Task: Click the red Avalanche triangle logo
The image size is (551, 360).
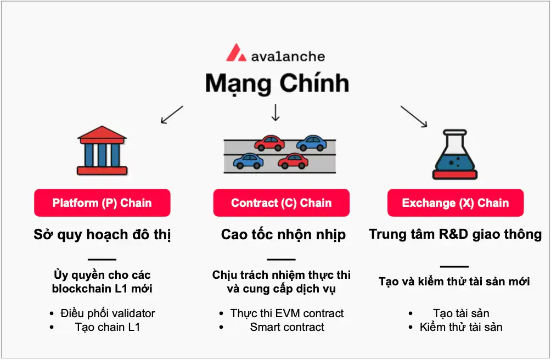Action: pos(236,53)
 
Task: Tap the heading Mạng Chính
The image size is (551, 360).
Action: pos(277,83)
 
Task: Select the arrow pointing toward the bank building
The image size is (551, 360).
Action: pos(171,115)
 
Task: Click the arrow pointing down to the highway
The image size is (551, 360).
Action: pos(275,112)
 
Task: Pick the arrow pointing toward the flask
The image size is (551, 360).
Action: pos(413,116)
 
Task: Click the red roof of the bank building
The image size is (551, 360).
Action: pos(103,132)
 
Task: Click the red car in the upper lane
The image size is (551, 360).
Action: pos(269,144)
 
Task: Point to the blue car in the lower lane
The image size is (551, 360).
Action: pos(248,160)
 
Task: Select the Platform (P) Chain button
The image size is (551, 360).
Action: pos(102,203)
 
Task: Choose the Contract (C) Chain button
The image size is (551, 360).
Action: pos(281,203)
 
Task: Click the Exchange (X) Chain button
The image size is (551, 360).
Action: pos(455,203)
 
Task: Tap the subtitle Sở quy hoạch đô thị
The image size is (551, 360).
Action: pos(103,235)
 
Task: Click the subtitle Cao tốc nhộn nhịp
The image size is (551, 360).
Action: pos(283,235)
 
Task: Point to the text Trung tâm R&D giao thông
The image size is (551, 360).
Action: pos(455,234)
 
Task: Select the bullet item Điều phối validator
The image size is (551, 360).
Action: pos(108,313)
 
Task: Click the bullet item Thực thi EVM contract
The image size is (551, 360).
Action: pos(287,313)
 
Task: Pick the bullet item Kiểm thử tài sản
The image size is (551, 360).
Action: pos(461,327)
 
